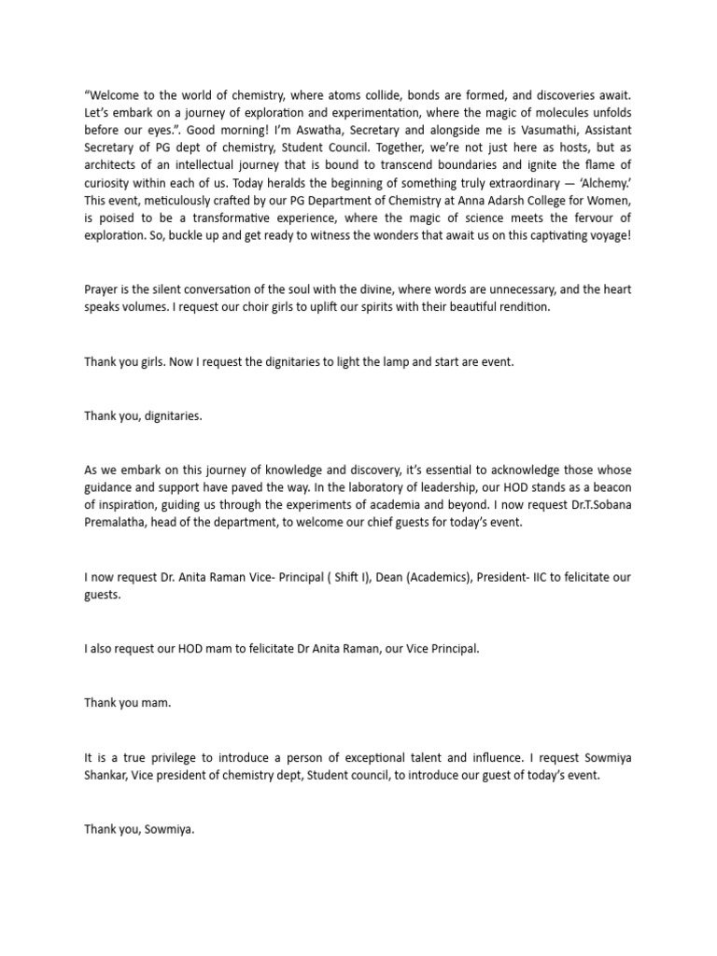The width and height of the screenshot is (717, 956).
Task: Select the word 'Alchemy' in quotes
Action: [610, 200]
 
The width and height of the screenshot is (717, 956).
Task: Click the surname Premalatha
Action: [119, 524]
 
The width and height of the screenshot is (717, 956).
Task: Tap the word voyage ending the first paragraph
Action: [607, 235]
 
